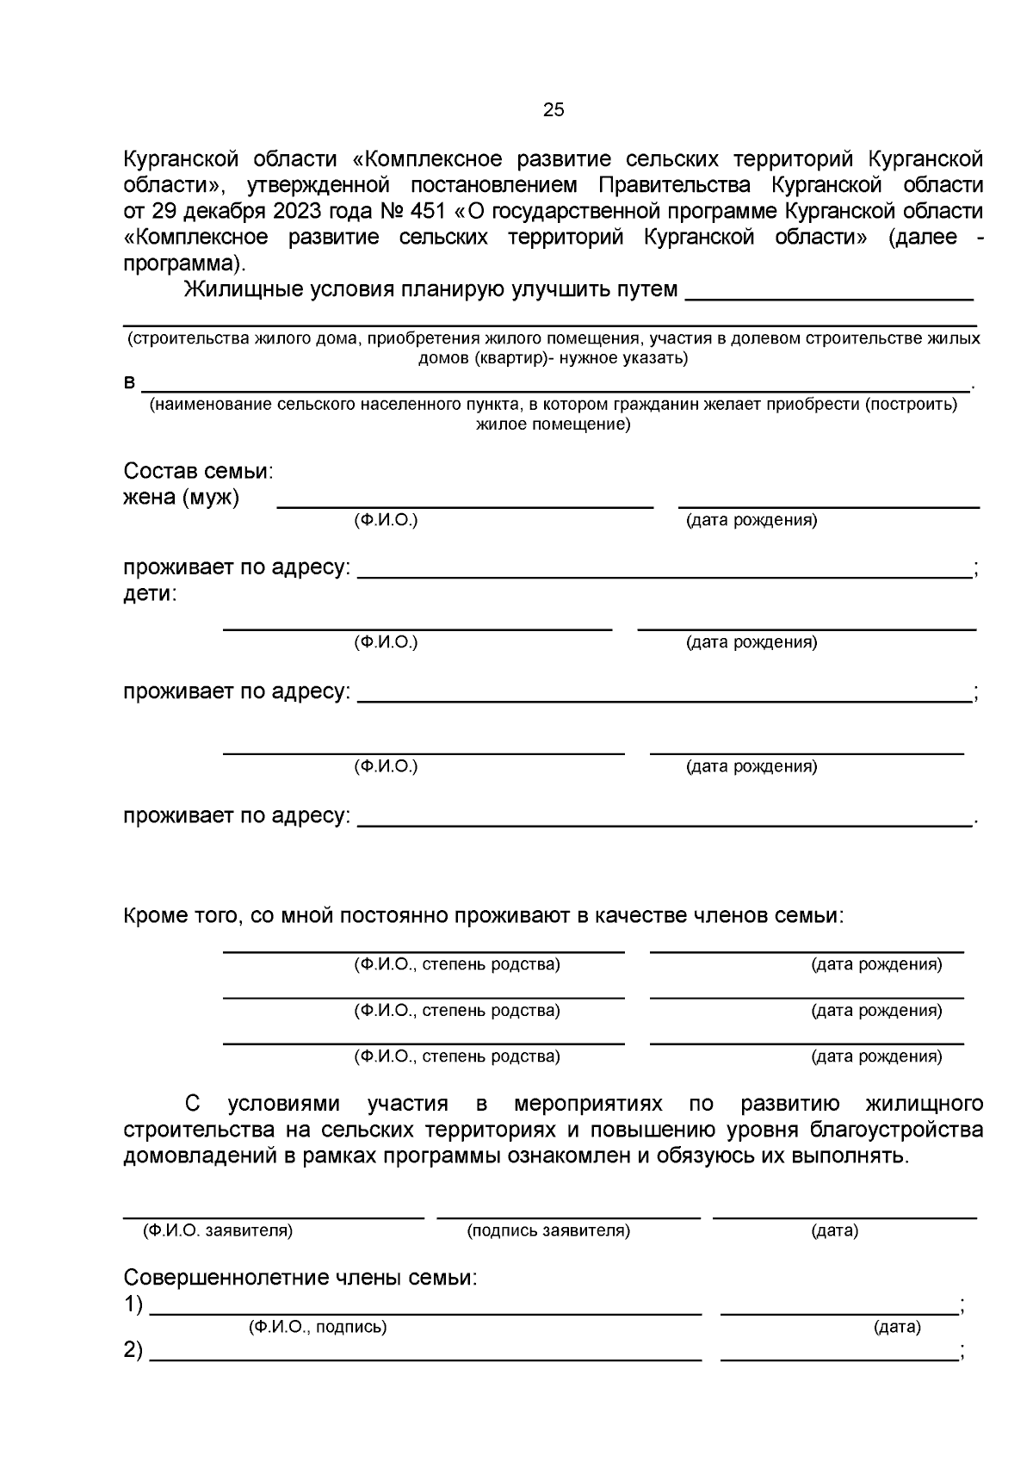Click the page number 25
pyautogui.click(x=554, y=109)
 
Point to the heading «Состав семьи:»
pyautogui.click(x=198, y=472)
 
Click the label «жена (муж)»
pyautogui.click(x=181, y=498)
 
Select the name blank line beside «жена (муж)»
pyautogui.click(x=465, y=505)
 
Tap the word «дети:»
pyautogui.click(x=150, y=594)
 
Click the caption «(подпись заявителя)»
pyautogui.click(x=548, y=1230)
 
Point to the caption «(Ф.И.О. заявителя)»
pyautogui.click(x=218, y=1230)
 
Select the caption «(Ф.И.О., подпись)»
pyautogui.click(x=318, y=1327)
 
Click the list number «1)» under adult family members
pyautogui.click(x=133, y=1304)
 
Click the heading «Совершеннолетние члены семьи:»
pyautogui.click(x=300, y=1278)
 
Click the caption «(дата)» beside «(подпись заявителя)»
pyautogui.click(x=834, y=1230)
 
